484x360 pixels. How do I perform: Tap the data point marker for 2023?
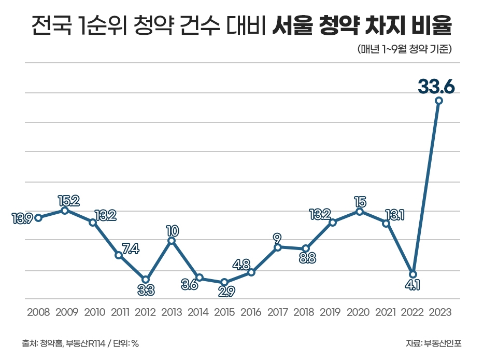[439, 101]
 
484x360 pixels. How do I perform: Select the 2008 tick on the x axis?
[38, 312]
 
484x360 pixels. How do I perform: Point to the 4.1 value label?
[413, 285]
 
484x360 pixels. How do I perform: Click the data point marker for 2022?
[413, 274]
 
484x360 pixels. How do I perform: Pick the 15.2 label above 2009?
[68, 201]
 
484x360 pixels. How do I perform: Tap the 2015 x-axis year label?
[224, 312]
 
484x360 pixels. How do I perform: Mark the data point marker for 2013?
[172, 241]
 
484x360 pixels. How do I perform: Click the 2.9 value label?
[226, 292]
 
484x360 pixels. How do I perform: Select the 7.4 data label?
[130, 248]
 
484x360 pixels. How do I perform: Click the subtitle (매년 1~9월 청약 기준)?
[405, 50]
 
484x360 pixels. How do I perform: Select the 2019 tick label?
[331, 312]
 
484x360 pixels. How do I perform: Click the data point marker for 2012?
[146, 280]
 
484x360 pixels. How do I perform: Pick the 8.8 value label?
[307, 258]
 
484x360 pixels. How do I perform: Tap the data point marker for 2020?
[360, 212]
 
